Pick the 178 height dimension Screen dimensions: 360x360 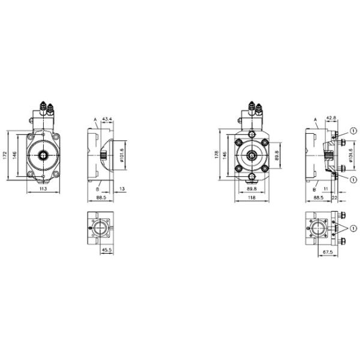pyautogui.click(x=218, y=155)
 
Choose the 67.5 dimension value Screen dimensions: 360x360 pyautogui.click(x=327, y=252)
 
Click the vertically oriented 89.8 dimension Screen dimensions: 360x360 pyautogui.click(x=277, y=155)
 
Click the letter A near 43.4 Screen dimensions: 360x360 pyautogui.click(x=94, y=121)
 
